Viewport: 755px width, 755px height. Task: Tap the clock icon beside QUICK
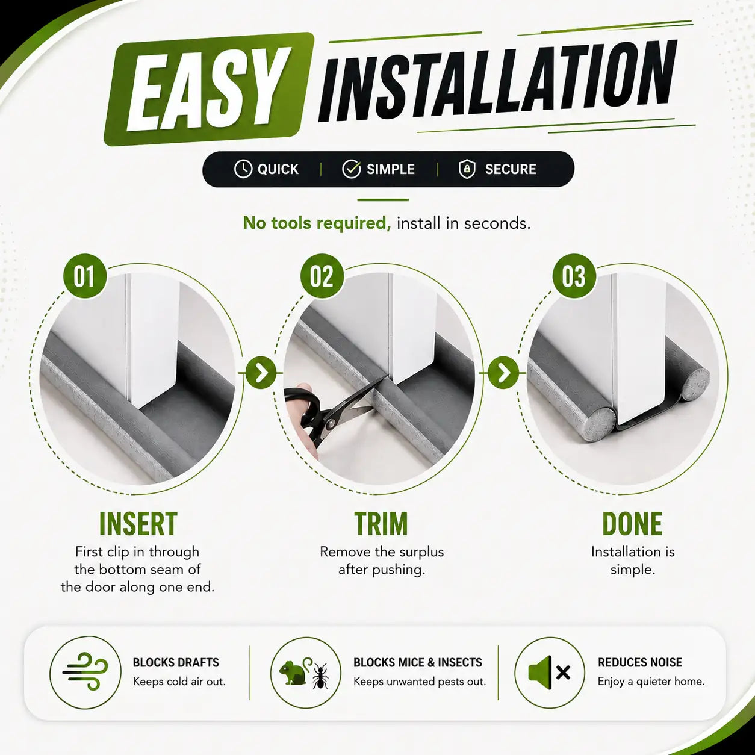243,169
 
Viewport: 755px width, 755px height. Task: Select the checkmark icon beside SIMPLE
351,169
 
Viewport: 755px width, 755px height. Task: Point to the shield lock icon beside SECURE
467,169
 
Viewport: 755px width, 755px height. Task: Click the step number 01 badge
85,276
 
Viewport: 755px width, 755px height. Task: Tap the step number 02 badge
322,276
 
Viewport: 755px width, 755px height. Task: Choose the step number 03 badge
574,276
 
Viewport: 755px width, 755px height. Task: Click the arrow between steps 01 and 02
261,373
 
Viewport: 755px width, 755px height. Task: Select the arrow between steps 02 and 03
504,373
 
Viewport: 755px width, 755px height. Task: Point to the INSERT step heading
138,523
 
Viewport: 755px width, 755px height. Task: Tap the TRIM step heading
381,523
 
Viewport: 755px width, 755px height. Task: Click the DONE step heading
632,523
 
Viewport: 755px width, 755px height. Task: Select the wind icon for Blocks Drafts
85,673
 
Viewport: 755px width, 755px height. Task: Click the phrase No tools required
317,223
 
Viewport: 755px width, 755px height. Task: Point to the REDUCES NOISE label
640,662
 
